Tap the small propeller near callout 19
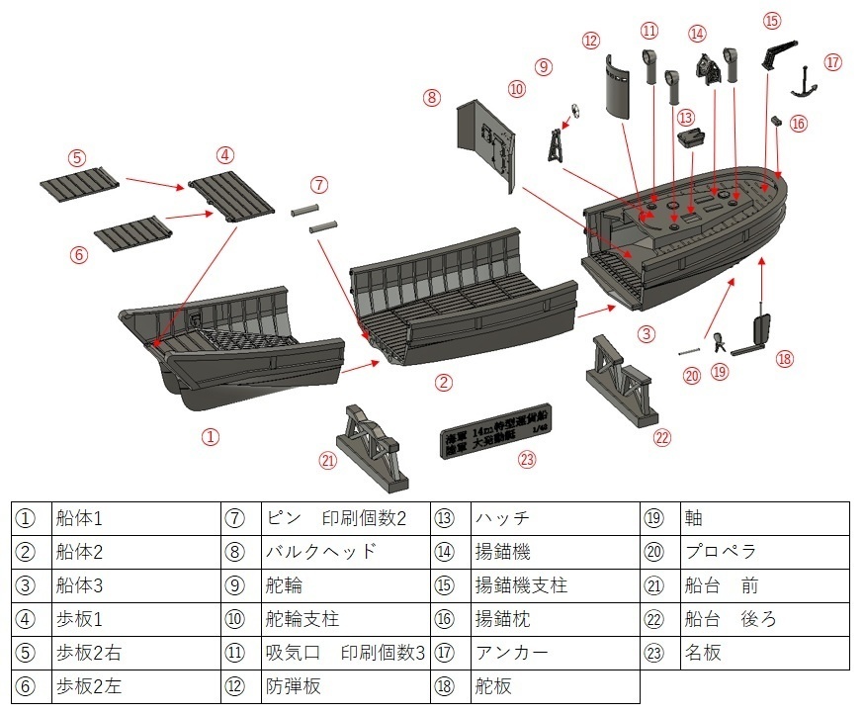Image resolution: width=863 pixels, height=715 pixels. pos(719,343)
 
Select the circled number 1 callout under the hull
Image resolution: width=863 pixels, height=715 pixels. pos(211,436)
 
